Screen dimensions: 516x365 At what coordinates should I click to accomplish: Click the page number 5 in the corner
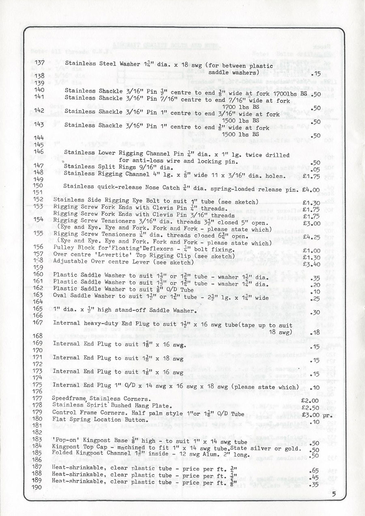pos(333,494)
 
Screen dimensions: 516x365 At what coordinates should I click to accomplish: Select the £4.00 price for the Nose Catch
pos(311,190)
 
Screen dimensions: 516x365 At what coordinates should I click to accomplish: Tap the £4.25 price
pos(311,236)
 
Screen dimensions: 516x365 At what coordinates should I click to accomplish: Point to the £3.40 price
pos(311,263)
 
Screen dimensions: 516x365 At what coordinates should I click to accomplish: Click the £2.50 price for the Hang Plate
pos(311,407)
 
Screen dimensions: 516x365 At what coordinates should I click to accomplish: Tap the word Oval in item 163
pos(60,296)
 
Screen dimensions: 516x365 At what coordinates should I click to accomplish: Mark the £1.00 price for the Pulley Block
pos(311,250)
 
